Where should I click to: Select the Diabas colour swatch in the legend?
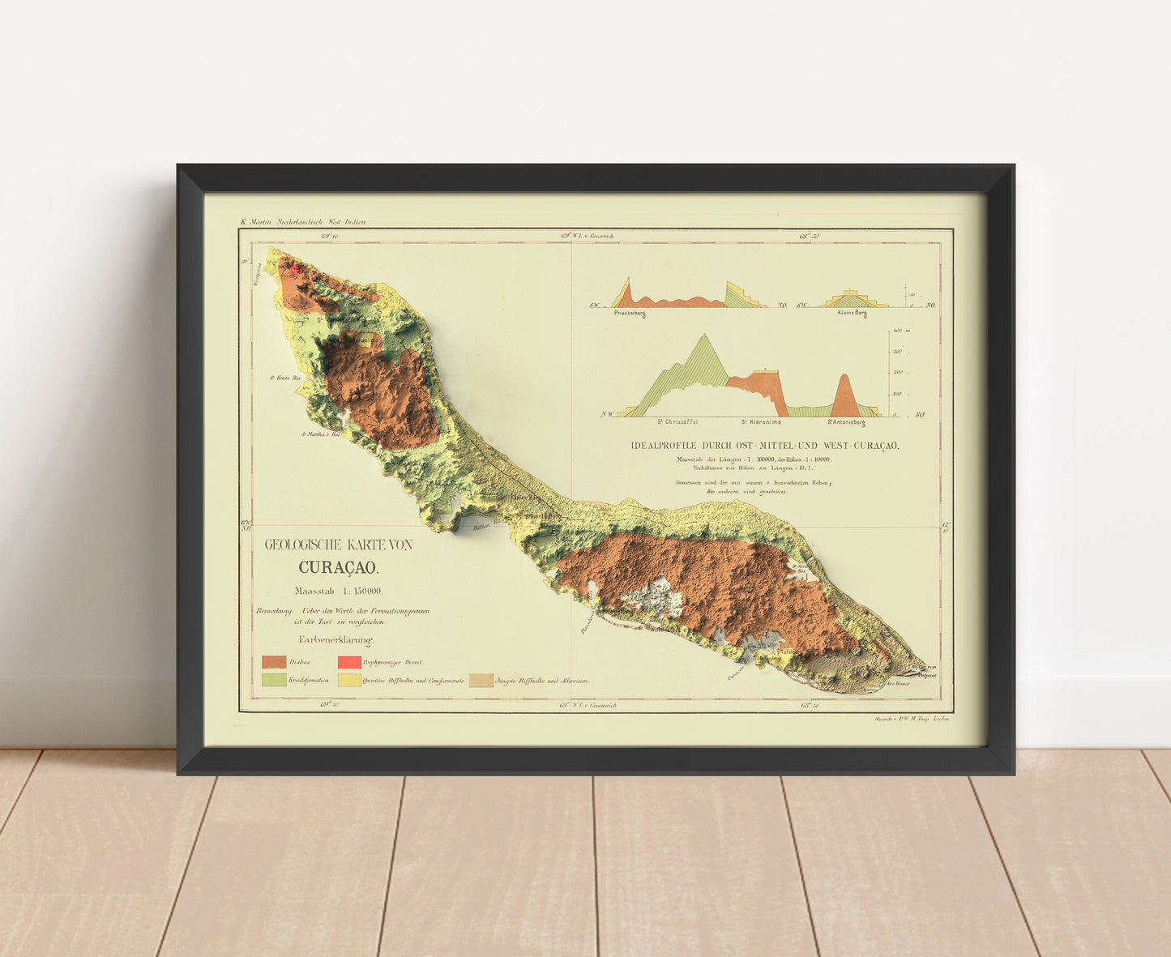pyautogui.click(x=274, y=662)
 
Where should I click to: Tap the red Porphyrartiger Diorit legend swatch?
pyautogui.click(x=349, y=662)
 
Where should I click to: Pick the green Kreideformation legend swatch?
pyautogui.click(x=274, y=680)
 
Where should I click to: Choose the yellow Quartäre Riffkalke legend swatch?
pyautogui.click(x=349, y=680)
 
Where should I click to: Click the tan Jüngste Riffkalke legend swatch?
pyautogui.click(x=481, y=680)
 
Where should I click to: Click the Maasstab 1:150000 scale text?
pyautogui.click(x=339, y=591)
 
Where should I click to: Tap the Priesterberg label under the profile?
pyautogui.click(x=630, y=314)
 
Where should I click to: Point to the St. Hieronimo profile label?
pyautogui.click(x=762, y=422)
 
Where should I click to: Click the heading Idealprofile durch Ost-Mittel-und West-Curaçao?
pyautogui.click(x=765, y=446)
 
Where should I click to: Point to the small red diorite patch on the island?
pyautogui.click(x=296, y=267)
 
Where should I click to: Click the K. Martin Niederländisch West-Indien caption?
pyautogui.click(x=303, y=221)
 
